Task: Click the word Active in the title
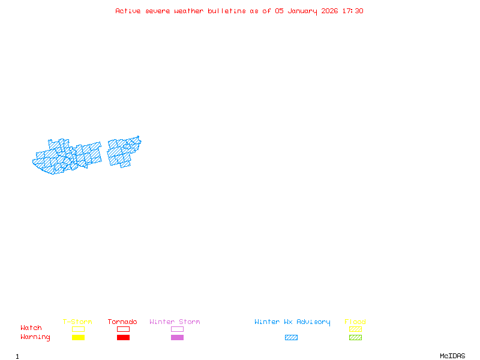click(128, 11)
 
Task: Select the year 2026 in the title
click(330, 11)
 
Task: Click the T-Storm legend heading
click(77, 322)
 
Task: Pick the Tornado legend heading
click(122, 322)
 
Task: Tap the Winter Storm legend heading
click(175, 322)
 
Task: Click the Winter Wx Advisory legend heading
click(292, 322)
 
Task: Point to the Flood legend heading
click(355, 322)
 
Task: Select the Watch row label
click(31, 328)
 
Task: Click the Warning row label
click(35, 337)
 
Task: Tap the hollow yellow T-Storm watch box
click(78, 329)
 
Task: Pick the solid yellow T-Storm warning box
click(78, 338)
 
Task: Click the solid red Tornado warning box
click(123, 338)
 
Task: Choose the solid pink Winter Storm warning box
click(177, 338)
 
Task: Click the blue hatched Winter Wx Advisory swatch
click(291, 338)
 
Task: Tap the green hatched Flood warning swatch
click(355, 338)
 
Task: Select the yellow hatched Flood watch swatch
click(355, 329)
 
